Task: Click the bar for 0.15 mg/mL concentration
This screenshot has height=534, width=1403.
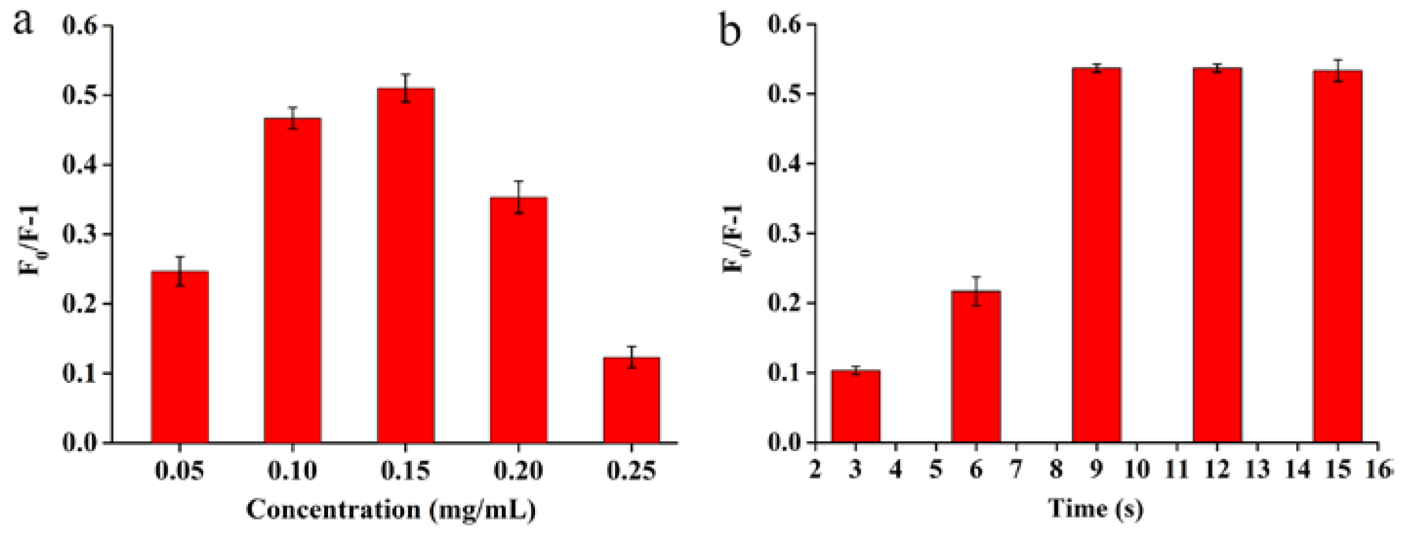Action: coord(405,267)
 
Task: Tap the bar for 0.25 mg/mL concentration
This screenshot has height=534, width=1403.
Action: coord(631,400)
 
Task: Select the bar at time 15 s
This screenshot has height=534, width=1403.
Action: coord(1337,256)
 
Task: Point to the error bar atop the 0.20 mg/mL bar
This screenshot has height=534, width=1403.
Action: coord(518,197)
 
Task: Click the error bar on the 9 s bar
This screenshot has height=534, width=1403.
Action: coord(1096,68)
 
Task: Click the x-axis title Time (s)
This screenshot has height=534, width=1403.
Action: coord(1095,509)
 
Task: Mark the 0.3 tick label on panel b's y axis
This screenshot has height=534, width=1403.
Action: coord(785,234)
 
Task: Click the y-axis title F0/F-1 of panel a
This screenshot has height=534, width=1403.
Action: coord(29,239)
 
